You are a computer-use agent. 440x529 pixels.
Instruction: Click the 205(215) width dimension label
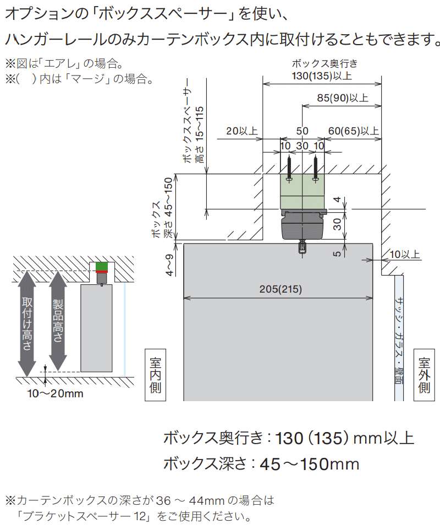[280, 289]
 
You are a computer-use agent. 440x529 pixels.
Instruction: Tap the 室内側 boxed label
[155, 375]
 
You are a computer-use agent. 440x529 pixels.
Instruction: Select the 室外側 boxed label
[424, 375]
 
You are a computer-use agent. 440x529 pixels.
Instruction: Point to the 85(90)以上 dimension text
[342, 98]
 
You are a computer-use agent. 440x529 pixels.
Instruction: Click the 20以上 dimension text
[241, 131]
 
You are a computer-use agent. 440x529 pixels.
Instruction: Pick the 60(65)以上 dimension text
[353, 131]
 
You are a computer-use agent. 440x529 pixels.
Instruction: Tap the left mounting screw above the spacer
[289, 169]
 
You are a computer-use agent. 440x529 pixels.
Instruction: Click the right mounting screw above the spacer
[316, 169]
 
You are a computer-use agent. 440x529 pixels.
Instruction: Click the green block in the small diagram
[102, 266]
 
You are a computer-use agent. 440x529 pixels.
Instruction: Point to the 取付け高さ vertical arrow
[27, 324]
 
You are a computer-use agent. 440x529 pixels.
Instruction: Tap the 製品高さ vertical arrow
[58, 321]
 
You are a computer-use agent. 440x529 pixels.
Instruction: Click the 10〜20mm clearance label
[55, 393]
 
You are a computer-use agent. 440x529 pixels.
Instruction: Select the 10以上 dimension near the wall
[405, 254]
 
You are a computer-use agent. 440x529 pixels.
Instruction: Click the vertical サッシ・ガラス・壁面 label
[399, 340]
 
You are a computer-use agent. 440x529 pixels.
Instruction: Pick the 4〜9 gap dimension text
[169, 265]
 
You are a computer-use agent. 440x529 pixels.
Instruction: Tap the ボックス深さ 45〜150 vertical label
[163, 208]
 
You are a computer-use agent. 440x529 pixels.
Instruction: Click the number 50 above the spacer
[302, 131]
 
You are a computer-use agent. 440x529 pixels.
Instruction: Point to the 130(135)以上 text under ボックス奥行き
[322, 76]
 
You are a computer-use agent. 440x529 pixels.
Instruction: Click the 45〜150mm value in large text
[310, 464]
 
